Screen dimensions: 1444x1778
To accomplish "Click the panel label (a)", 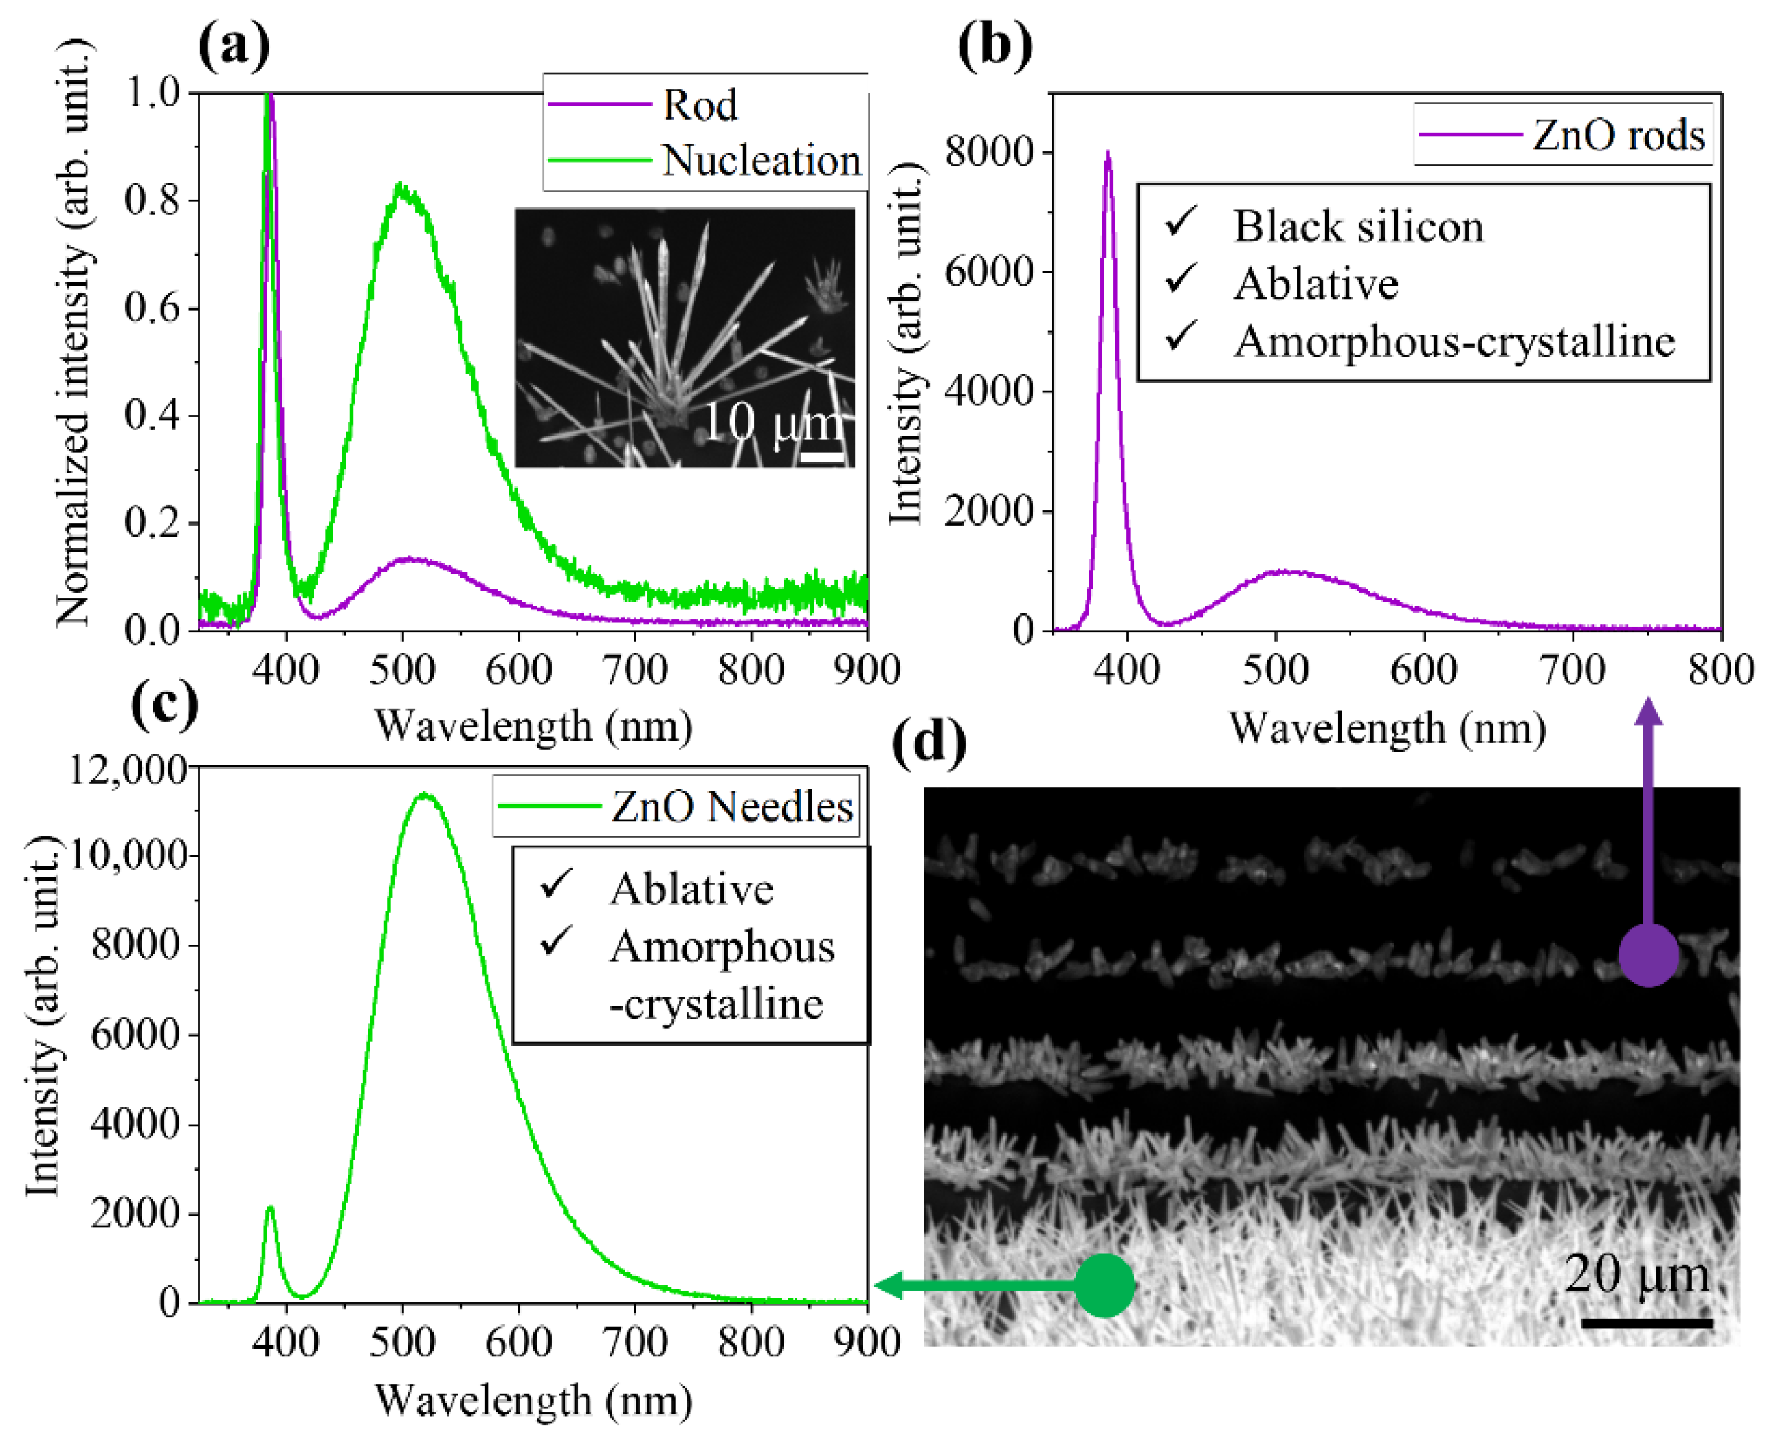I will point(234,47).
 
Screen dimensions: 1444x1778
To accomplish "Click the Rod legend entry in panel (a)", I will point(699,106).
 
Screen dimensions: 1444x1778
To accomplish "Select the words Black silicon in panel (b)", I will point(1358,226).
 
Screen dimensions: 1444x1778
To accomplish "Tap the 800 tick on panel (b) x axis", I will point(1720,670).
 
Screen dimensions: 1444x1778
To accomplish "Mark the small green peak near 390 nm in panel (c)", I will point(270,1208).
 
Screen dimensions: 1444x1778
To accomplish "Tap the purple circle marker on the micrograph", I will point(1648,955).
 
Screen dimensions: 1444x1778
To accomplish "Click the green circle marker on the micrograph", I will point(1105,1286).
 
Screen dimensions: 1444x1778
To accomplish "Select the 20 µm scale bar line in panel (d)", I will point(1646,1322).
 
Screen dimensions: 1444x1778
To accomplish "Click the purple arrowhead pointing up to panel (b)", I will point(1648,712).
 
